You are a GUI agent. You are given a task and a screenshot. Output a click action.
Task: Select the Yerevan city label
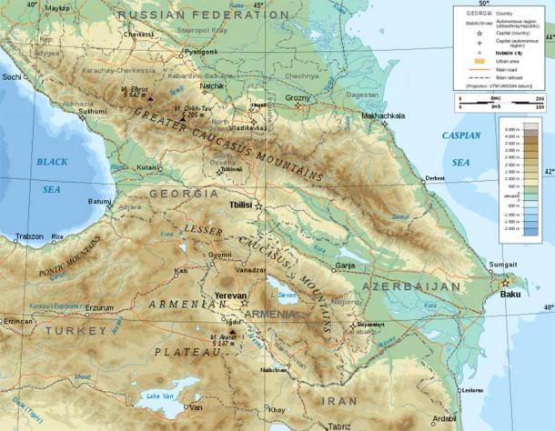[x=230, y=296]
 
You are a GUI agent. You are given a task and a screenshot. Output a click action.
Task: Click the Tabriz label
[x=339, y=426]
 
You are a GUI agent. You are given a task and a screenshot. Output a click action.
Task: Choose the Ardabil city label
[x=444, y=418]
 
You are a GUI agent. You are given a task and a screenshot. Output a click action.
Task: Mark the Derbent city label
[x=435, y=178]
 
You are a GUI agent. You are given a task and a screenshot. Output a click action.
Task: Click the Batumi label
[x=100, y=201]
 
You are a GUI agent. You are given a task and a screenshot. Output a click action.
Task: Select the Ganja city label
[x=344, y=266]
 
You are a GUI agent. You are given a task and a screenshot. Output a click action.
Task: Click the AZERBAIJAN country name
[x=411, y=286]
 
